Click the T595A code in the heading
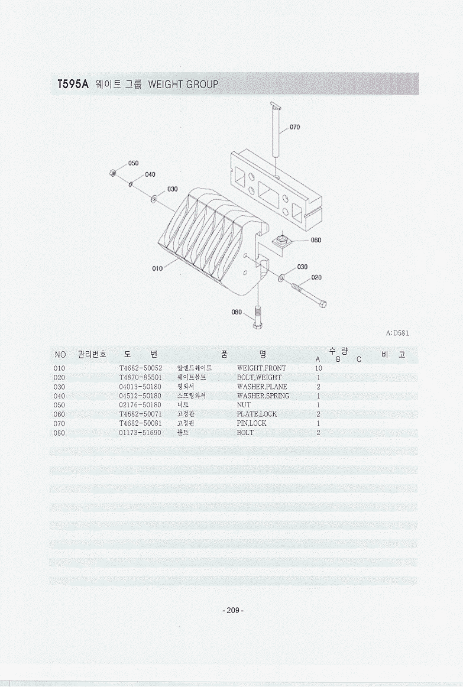pyautogui.click(x=73, y=84)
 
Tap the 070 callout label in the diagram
pyautogui.click(x=295, y=127)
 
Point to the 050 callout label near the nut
pyautogui.click(x=133, y=163)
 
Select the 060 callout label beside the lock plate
pyautogui.click(x=315, y=240)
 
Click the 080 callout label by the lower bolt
pyautogui.click(x=237, y=312)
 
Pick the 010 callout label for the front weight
pyautogui.click(x=157, y=268)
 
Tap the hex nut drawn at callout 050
pyautogui.click(x=113, y=172)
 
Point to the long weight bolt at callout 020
pyautogui.click(x=309, y=296)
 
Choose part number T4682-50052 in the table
pyautogui.click(x=141, y=368)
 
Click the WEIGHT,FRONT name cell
pyautogui.click(x=261, y=368)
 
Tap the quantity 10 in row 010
pyautogui.click(x=319, y=368)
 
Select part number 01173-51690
pyautogui.click(x=140, y=432)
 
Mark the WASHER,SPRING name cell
pyautogui.click(x=263, y=396)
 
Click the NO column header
pyautogui.click(x=60, y=355)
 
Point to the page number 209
pyautogui.click(x=232, y=610)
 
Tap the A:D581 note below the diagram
pyautogui.click(x=397, y=333)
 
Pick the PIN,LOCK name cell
pyautogui.click(x=251, y=423)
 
